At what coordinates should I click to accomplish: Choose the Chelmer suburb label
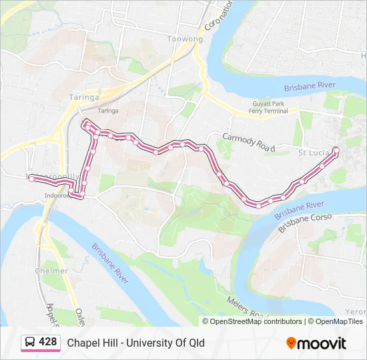point(51,271)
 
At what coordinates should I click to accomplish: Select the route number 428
point(48,342)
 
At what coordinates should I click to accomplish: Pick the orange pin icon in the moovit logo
point(291,343)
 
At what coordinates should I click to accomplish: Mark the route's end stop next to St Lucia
point(336,149)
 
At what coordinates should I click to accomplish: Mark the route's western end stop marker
point(31,178)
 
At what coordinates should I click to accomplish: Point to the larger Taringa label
point(84,97)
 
